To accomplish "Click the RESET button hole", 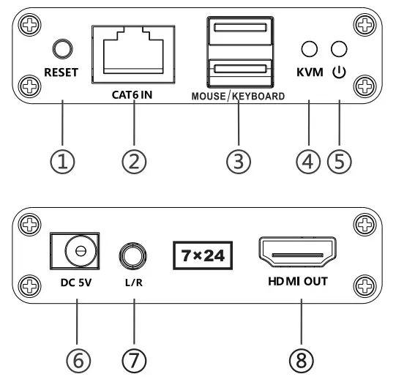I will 62,50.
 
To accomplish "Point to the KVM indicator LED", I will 310,50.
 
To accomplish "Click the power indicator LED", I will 338,50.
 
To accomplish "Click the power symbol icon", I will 338,73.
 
